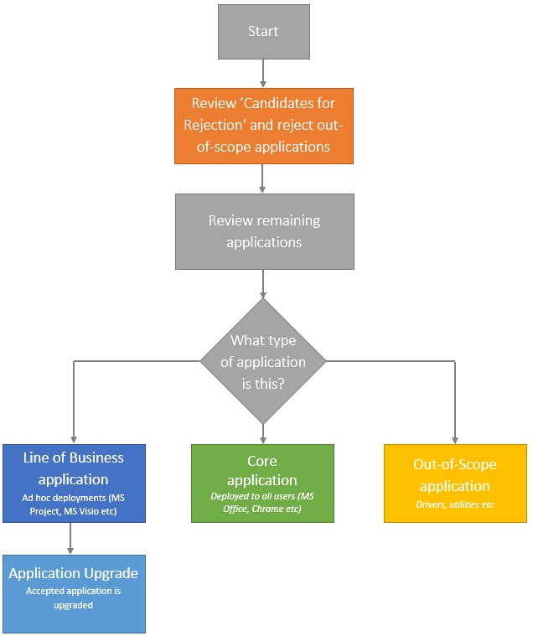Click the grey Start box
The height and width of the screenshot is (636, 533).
pyautogui.click(x=263, y=32)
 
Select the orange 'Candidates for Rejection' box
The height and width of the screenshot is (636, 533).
pyautogui.click(x=263, y=126)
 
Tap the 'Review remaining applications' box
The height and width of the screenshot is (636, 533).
pyautogui.click(x=263, y=231)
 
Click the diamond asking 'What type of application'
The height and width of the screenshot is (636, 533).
pyautogui.click(x=263, y=362)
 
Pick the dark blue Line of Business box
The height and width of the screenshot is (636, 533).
pyautogui.click(x=74, y=483)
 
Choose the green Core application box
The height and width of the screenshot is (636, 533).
pyautogui.click(x=262, y=483)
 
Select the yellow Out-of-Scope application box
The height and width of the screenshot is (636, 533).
pyautogui.click(x=455, y=483)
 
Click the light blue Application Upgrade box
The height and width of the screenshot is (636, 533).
pyautogui.click(x=74, y=593)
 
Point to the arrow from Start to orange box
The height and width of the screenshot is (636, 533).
pyautogui.click(x=263, y=74)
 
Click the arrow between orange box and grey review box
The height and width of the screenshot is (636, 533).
pyautogui.click(x=263, y=178)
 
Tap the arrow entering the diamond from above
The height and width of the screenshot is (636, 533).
pyautogui.click(x=263, y=285)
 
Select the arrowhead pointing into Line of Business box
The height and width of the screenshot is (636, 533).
pyautogui.click(x=74, y=438)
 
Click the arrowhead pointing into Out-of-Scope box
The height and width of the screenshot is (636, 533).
pyautogui.click(x=455, y=438)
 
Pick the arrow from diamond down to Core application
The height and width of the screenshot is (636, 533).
pyautogui.click(x=263, y=434)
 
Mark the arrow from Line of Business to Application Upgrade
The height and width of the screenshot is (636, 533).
pyautogui.click(x=70, y=538)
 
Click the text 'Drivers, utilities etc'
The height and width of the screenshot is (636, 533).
pyautogui.click(x=455, y=504)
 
